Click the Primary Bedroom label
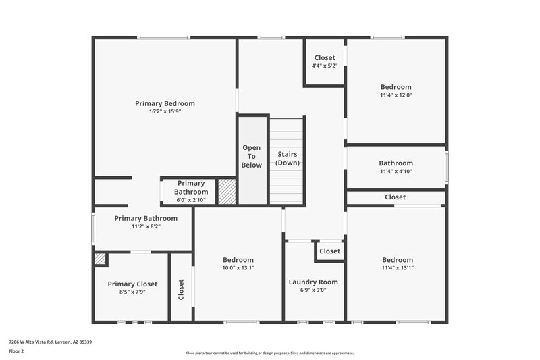[x=165, y=103]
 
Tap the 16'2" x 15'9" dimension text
[x=165, y=111]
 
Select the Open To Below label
[x=252, y=156]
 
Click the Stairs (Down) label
[x=288, y=159]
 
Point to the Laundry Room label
[x=313, y=282]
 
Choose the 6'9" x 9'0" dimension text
[x=313, y=290]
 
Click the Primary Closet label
[x=132, y=284]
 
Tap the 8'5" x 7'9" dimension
[x=132, y=292]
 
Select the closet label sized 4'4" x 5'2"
[x=325, y=58]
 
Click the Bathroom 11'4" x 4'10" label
[x=396, y=163]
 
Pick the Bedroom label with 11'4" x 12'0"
[x=396, y=87]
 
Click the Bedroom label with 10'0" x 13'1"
[x=238, y=260]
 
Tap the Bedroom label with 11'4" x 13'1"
[x=397, y=260]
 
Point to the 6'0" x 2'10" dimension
[x=191, y=200]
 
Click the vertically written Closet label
[x=181, y=289]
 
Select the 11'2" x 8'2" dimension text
[x=146, y=226]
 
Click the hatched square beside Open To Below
[x=227, y=191]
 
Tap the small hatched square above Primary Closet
[x=100, y=259]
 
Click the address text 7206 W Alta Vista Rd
[x=51, y=342]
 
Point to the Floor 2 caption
[x=16, y=351]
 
